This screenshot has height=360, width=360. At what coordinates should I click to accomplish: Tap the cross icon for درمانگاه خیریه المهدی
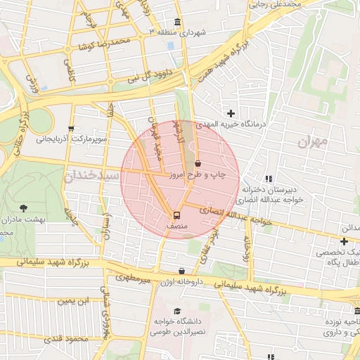(231, 113)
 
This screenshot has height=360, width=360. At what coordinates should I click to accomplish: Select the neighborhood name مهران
(314, 143)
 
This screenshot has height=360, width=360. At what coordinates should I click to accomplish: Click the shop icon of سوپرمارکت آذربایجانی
(70, 129)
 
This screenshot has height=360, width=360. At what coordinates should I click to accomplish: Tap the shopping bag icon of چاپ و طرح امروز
(199, 164)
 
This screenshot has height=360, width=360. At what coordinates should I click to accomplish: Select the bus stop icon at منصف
(176, 215)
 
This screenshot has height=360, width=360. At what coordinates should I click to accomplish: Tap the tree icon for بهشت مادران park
(25, 208)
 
